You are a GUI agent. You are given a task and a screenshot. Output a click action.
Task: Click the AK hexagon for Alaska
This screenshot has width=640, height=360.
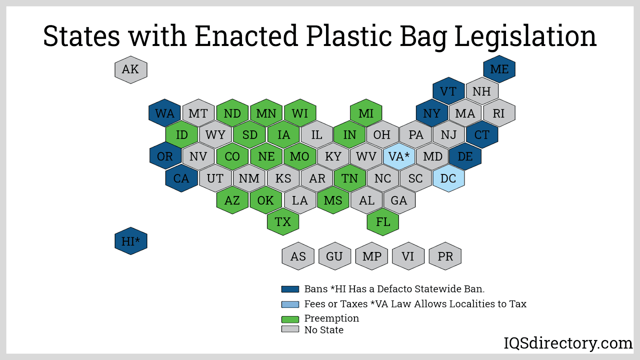point(131,70)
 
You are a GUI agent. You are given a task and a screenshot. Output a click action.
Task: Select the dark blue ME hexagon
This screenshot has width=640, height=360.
point(499,69)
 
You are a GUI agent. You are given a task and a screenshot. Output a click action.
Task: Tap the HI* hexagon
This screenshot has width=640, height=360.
point(131,241)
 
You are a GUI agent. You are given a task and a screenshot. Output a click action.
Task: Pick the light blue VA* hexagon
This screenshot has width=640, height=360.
point(399,156)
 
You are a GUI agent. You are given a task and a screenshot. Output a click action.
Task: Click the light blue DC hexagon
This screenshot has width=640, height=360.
point(448,178)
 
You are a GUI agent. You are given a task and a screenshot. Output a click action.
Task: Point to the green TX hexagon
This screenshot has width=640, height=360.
point(283,222)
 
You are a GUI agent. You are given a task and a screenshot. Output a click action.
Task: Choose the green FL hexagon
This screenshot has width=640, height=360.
point(383,222)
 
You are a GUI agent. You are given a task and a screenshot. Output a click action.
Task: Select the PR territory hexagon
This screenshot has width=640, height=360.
point(445,256)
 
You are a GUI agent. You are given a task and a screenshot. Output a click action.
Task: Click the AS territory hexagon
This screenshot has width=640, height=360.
point(298,256)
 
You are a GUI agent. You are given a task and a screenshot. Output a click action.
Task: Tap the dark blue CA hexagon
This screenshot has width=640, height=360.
point(181,178)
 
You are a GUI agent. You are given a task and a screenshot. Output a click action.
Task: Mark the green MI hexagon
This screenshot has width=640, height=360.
point(366,113)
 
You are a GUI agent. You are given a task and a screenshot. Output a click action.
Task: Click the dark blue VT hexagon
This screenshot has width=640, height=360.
point(448,91)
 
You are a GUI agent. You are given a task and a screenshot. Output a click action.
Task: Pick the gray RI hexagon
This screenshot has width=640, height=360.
point(499,113)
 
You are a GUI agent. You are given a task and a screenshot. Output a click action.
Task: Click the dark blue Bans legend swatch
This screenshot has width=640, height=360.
point(290,289)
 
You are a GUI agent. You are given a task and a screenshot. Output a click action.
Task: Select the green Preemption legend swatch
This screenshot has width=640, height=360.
point(290,319)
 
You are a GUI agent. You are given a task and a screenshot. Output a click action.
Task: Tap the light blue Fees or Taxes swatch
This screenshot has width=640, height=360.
point(290,304)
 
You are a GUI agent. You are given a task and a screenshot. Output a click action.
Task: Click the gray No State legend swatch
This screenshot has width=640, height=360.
point(290,329)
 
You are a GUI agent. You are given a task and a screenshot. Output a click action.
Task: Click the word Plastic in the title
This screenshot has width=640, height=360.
point(349,36)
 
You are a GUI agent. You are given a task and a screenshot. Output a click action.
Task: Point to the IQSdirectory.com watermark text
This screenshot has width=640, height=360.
point(568,343)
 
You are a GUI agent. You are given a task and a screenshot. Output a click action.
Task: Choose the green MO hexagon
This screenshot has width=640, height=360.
point(300,156)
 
